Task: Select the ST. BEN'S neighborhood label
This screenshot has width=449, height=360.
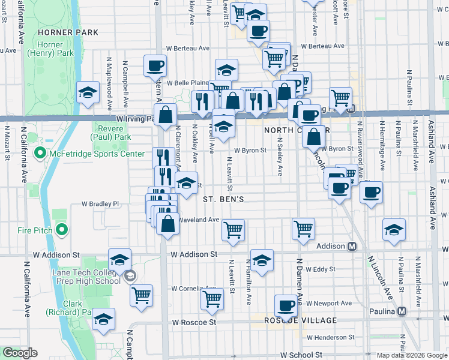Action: click(x=223, y=198)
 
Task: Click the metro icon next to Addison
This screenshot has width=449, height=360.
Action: click(x=352, y=246)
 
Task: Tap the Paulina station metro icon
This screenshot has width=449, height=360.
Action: click(x=402, y=311)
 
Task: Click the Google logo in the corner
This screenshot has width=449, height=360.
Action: click(x=19, y=353)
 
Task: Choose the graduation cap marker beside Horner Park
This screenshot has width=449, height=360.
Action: click(x=88, y=92)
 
